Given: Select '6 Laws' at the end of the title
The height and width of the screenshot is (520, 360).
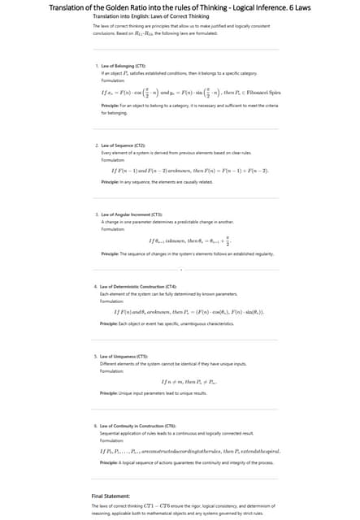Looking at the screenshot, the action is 332,7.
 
